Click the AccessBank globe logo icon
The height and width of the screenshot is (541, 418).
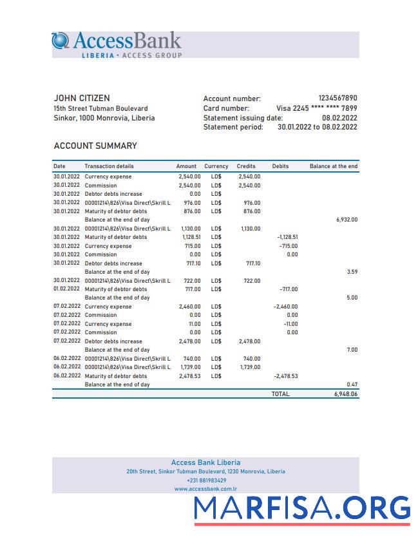(61, 41)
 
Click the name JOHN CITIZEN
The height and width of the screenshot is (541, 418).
(82, 98)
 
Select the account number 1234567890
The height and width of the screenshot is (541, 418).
(337, 98)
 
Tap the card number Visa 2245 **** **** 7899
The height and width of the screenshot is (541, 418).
(316, 108)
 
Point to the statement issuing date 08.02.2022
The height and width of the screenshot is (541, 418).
(339, 118)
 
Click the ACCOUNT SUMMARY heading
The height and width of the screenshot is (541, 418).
(95, 146)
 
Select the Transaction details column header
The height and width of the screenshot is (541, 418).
(109, 166)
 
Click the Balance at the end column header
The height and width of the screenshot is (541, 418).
(333, 166)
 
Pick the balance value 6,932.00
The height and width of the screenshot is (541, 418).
(347, 220)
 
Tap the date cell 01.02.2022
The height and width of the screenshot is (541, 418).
(66, 289)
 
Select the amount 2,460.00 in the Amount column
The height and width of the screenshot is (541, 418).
(189, 307)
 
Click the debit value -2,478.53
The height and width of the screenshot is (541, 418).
(285, 376)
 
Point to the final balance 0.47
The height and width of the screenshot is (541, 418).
(352, 384)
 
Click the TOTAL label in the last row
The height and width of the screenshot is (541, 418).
(280, 394)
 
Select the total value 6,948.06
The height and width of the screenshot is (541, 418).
(345, 394)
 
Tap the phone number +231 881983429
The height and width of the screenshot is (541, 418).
(206, 480)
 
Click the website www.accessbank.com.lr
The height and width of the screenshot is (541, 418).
(205, 489)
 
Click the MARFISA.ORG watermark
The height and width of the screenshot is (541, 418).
(302, 509)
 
